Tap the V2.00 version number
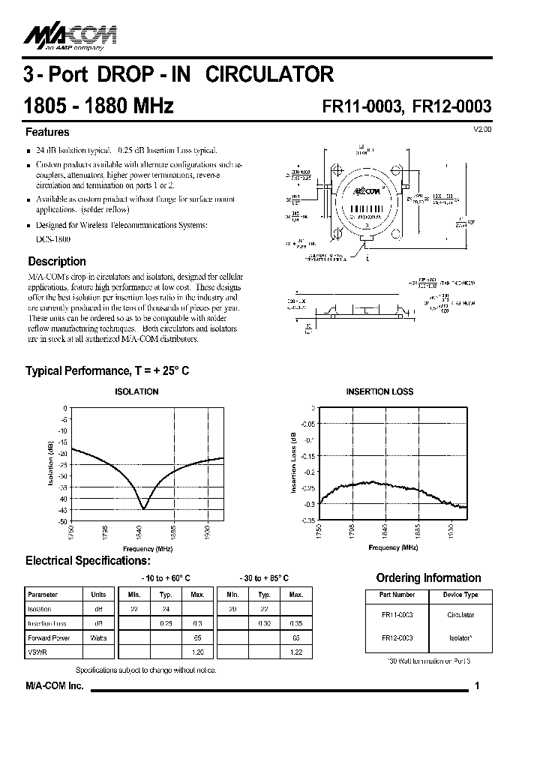tap(482, 130)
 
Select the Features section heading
tap(47, 132)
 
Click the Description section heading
tap(57, 262)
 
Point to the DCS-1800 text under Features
tap(52, 238)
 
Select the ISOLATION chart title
tap(136, 391)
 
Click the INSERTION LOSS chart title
tap(379, 391)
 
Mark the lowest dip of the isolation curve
tap(144, 508)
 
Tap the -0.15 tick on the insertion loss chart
tap(308, 455)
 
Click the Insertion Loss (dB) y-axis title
tap(294, 463)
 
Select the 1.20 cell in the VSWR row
tap(198, 652)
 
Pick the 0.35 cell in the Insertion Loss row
tap(296, 623)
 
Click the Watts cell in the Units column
tap(98, 637)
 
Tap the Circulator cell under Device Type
tap(460, 615)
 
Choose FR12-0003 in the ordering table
tap(397, 637)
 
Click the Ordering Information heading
tap(428, 577)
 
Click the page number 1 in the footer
tap(477, 686)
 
